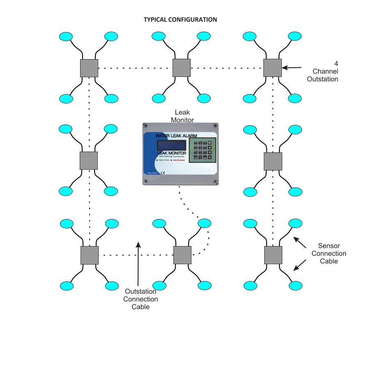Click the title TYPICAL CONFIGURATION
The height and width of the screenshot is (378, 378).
180,20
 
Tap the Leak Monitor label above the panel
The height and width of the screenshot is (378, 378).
182,116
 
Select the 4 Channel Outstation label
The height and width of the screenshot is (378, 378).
323,71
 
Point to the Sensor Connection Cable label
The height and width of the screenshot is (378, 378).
329,254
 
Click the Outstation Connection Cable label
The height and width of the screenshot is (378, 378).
141,299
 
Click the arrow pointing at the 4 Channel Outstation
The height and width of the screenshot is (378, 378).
292,67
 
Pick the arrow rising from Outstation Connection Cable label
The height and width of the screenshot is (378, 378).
138,263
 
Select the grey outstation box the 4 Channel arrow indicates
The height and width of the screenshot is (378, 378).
272,68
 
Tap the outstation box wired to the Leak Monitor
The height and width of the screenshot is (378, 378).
182,255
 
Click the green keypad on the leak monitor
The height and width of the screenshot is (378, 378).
202,149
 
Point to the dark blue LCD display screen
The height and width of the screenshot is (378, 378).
171,145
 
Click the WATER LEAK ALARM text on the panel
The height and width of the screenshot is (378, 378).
176,136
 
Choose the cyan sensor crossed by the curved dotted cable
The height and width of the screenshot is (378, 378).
204,223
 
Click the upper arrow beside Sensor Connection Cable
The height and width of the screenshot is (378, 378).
300,242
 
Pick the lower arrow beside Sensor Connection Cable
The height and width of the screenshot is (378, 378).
300,265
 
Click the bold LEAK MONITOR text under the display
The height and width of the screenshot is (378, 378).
172,153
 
